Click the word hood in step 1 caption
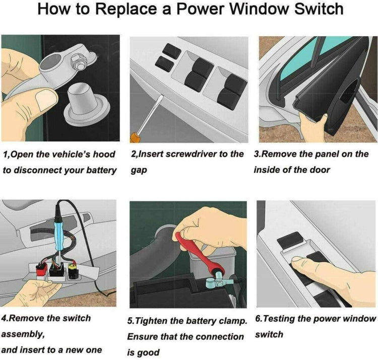click(x=104, y=154)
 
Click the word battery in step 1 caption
click(x=98, y=170)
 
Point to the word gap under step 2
click(x=139, y=170)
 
